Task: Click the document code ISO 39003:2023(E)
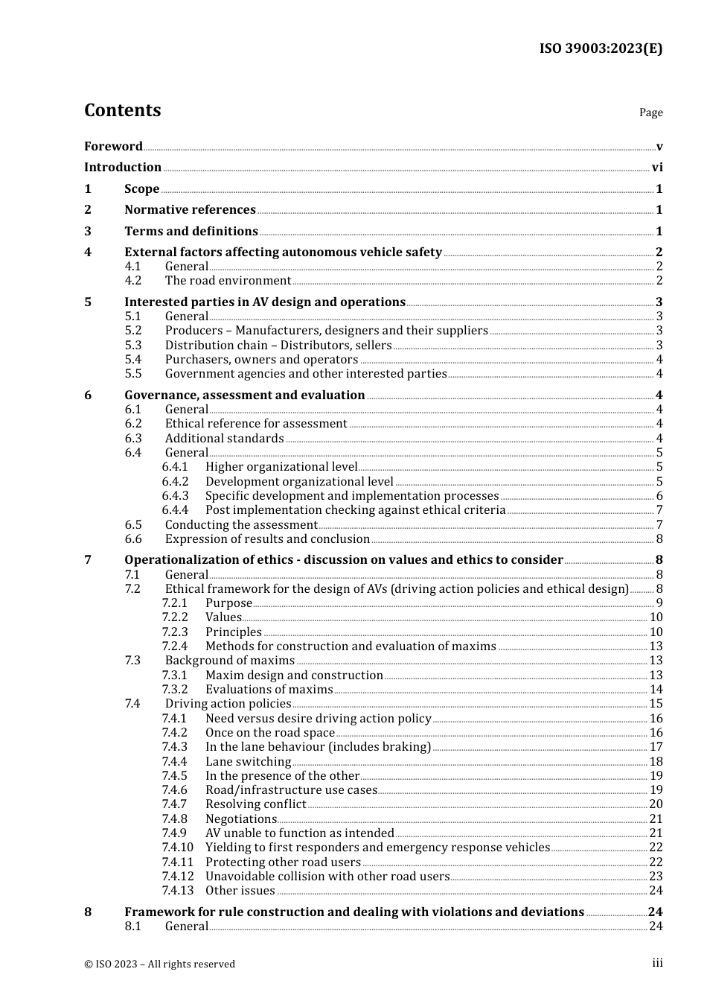pyautogui.click(x=601, y=48)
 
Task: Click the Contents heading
pyautogui.click(x=122, y=110)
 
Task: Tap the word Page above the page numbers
pyautogui.click(x=650, y=112)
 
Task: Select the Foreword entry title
pyautogui.click(x=113, y=147)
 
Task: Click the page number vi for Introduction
pyautogui.click(x=657, y=168)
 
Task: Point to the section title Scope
pyautogui.click(x=141, y=189)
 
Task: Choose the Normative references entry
pyautogui.click(x=190, y=210)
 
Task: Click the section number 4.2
pyautogui.click(x=132, y=281)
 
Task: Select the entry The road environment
pyautogui.click(x=228, y=281)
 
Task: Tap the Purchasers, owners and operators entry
pyautogui.click(x=261, y=360)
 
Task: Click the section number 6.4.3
pyautogui.click(x=175, y=496)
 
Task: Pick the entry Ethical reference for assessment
pyautogui.click(x=256, y=424)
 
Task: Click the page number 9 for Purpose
pyautogui.click(x=659, y=603)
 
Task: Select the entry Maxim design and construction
pyautogui.click(x=294, y=676)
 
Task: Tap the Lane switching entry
pyautogui.click(x=248, y=762)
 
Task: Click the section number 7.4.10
pyautogui.click(x=177, y=848)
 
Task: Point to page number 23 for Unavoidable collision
pyautogui.click(x=656, y=877)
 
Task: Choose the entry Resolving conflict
pyautogui.click(x=255, y=804)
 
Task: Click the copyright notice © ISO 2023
pyautogui.click(x=159, y=964)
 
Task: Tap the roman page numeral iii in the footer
pyautogui.click(x=657, y=963)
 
